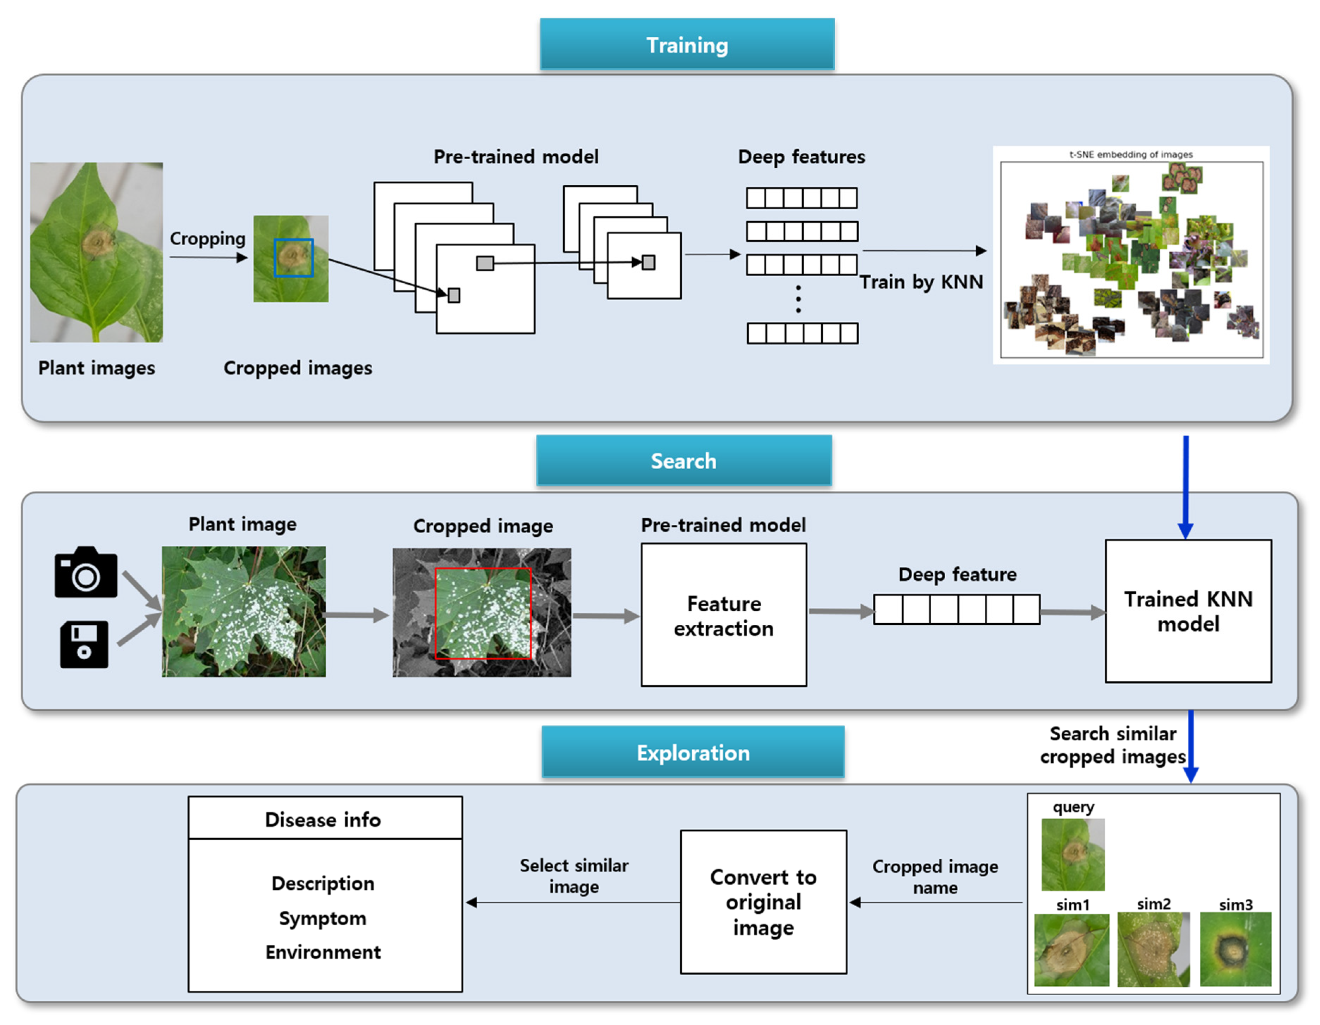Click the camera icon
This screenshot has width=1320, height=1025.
coord(85,573)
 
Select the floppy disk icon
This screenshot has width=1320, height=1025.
coord(84,644)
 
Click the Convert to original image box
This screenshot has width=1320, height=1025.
coord(763,902)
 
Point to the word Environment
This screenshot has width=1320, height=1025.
coord(323,952)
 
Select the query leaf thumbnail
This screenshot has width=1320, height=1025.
coord(1073,854)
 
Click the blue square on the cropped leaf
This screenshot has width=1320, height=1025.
coord(294,258)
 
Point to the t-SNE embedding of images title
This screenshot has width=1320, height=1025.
coord(1131,154)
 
